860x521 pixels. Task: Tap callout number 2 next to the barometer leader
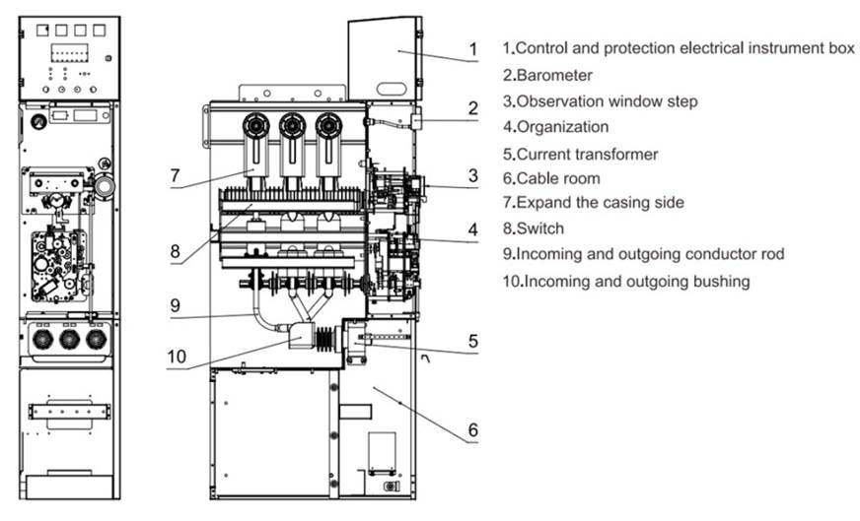[x=473, y=108]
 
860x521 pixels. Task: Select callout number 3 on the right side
[x=473, y=175]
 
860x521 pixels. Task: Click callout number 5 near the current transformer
[x=473, y=341]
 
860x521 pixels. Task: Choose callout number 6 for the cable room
[x=473, y=430]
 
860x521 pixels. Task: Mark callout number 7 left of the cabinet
[x=175, y=175]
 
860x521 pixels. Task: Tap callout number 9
[x=175, y=305]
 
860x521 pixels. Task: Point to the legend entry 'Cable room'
[x=564, y=178]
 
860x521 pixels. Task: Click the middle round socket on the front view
[x=68, y=339]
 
